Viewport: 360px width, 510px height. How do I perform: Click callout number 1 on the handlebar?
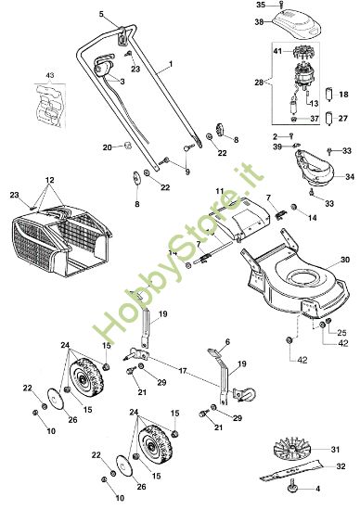(x=171, y=66)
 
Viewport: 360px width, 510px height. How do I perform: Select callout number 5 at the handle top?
(x=103, y=16)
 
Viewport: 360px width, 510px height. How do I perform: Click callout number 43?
(x=50, y=73)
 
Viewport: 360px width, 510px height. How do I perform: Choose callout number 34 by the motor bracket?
(x=350, y=176)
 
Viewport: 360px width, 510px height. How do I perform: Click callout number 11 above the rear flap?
(x=219, y=190)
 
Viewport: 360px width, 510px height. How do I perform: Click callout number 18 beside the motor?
(x=341, y=95)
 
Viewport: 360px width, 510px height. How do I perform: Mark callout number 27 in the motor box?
(x=341, y=118)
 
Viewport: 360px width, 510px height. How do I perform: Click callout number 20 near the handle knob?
(x=108, y=147)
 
